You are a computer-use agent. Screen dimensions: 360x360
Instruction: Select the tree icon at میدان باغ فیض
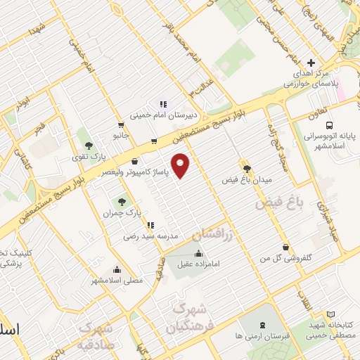pyautogui.click(x=247, y=168)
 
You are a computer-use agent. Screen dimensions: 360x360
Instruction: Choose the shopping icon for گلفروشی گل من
pyautogui.click(x=285, y=247)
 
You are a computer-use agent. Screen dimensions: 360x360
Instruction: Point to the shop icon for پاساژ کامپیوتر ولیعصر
pyautogui.click(x=134, y=162)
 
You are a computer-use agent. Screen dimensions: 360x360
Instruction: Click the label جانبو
pyautogui.click(x=121, y=134)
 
